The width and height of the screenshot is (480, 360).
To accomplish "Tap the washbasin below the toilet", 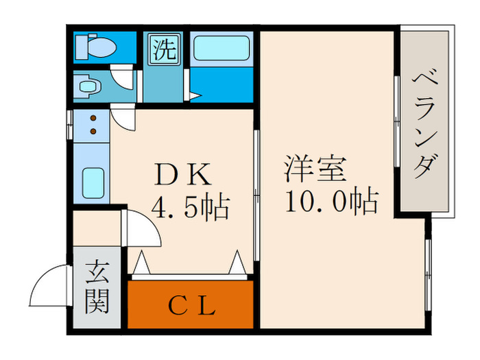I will (88, 87).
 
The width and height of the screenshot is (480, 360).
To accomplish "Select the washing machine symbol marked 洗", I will (164, 50).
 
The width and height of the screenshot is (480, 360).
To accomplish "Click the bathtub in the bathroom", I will (220, 49).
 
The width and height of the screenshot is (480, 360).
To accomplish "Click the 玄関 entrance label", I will (97, 287).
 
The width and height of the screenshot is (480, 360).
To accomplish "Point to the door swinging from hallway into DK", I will (141, 230).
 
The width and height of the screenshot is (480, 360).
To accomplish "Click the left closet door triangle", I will (141, 263).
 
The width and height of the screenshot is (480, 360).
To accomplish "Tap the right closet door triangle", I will (237, 263).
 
